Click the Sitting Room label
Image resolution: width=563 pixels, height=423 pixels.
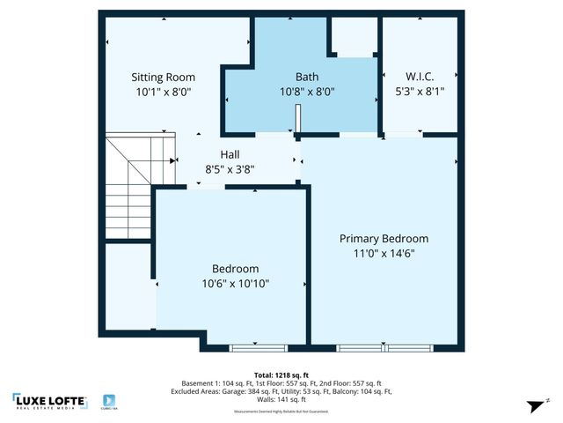pos(163,77)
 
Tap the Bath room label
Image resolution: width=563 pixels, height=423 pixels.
pos(307,77)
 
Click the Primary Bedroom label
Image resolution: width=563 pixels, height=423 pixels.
pos(384,238)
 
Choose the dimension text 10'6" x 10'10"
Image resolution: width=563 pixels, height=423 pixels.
pos(235,284)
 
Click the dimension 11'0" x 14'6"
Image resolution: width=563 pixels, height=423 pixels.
pos(384,253)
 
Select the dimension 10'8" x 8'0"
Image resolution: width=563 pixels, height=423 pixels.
pos(307,91)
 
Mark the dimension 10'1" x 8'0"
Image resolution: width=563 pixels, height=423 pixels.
pos(163,91)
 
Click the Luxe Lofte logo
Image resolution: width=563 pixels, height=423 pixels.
pos(50,401)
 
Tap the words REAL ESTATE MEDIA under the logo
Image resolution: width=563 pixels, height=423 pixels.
pos(50,409)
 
